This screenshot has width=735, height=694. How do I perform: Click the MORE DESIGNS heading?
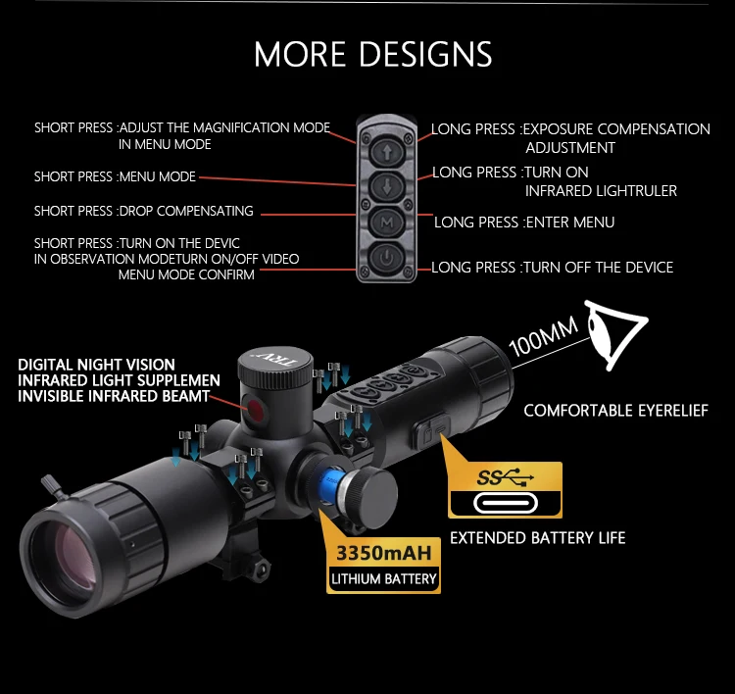373,54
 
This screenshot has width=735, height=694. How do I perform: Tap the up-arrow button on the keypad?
387,152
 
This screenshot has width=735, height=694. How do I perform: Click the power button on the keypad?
387,259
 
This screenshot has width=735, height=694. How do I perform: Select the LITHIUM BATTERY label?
383,579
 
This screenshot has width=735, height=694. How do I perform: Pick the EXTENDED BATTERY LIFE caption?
537,537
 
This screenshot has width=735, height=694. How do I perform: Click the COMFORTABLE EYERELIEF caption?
615,411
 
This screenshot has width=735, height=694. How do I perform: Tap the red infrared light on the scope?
258,411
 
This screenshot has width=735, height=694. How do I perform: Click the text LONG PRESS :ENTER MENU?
524,223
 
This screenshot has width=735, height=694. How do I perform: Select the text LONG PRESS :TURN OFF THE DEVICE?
553,267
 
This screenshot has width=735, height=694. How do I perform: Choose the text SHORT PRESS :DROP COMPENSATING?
144,211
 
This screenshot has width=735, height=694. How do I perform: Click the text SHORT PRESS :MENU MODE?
116,177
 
